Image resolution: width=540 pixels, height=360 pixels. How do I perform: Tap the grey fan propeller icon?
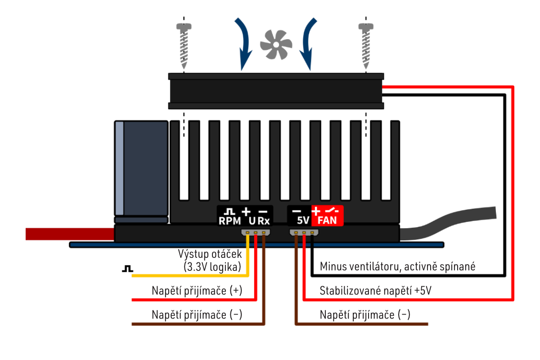276,44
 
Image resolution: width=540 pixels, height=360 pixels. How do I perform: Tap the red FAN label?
328,221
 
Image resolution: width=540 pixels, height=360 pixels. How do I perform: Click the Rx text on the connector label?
264,221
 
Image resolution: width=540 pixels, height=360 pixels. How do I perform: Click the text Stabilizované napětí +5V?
376,290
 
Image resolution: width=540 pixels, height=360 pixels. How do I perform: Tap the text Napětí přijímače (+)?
197,290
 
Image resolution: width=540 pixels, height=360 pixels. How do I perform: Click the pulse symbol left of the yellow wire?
128,269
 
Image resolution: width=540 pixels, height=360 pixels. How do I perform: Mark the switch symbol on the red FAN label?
334,211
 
